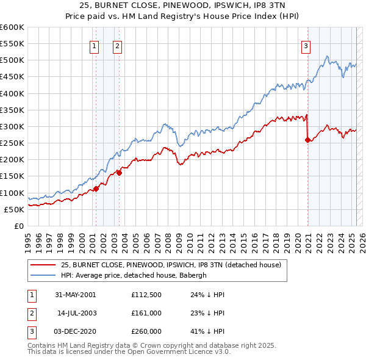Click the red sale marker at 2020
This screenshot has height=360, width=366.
pyautogui.click(x=307, y=140)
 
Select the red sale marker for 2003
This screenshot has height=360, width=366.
pyautogui.click(x=120, y=172)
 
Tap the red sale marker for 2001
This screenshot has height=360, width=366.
pyautogui.click(x=96, y=189)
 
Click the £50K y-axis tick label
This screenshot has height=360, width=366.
pyautogui.click(x=14, y=209)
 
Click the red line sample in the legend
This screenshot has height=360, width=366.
pyautogui.click(x=42, y=265)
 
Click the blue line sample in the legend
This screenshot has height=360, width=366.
pyautogui.click(x=42, y=275)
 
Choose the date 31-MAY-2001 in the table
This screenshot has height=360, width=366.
pyautogui.click(x=76, y=294)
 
